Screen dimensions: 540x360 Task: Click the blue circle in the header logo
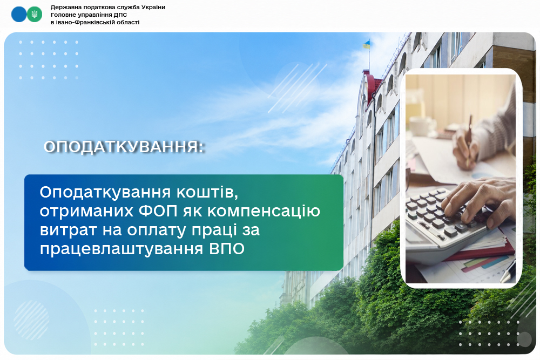pyautogui.click(x=18, y=15)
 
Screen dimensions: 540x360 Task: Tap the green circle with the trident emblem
pyautogui.click(x=35, y=15)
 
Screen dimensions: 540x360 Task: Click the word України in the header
pyautogui.click(x=153, y=7)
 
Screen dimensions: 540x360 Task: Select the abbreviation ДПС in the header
pyautogui.click(x=120, y=15)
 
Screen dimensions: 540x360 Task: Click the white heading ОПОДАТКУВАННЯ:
pyautogui.click(x=124, y=147)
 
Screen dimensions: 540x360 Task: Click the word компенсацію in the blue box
pyautogui.click(x=264, y=212)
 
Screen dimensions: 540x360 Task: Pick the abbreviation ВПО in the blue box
pyautogui.click(x=227, y=248)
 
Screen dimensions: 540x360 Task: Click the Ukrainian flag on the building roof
pyautogui.click(x=367, y=44)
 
